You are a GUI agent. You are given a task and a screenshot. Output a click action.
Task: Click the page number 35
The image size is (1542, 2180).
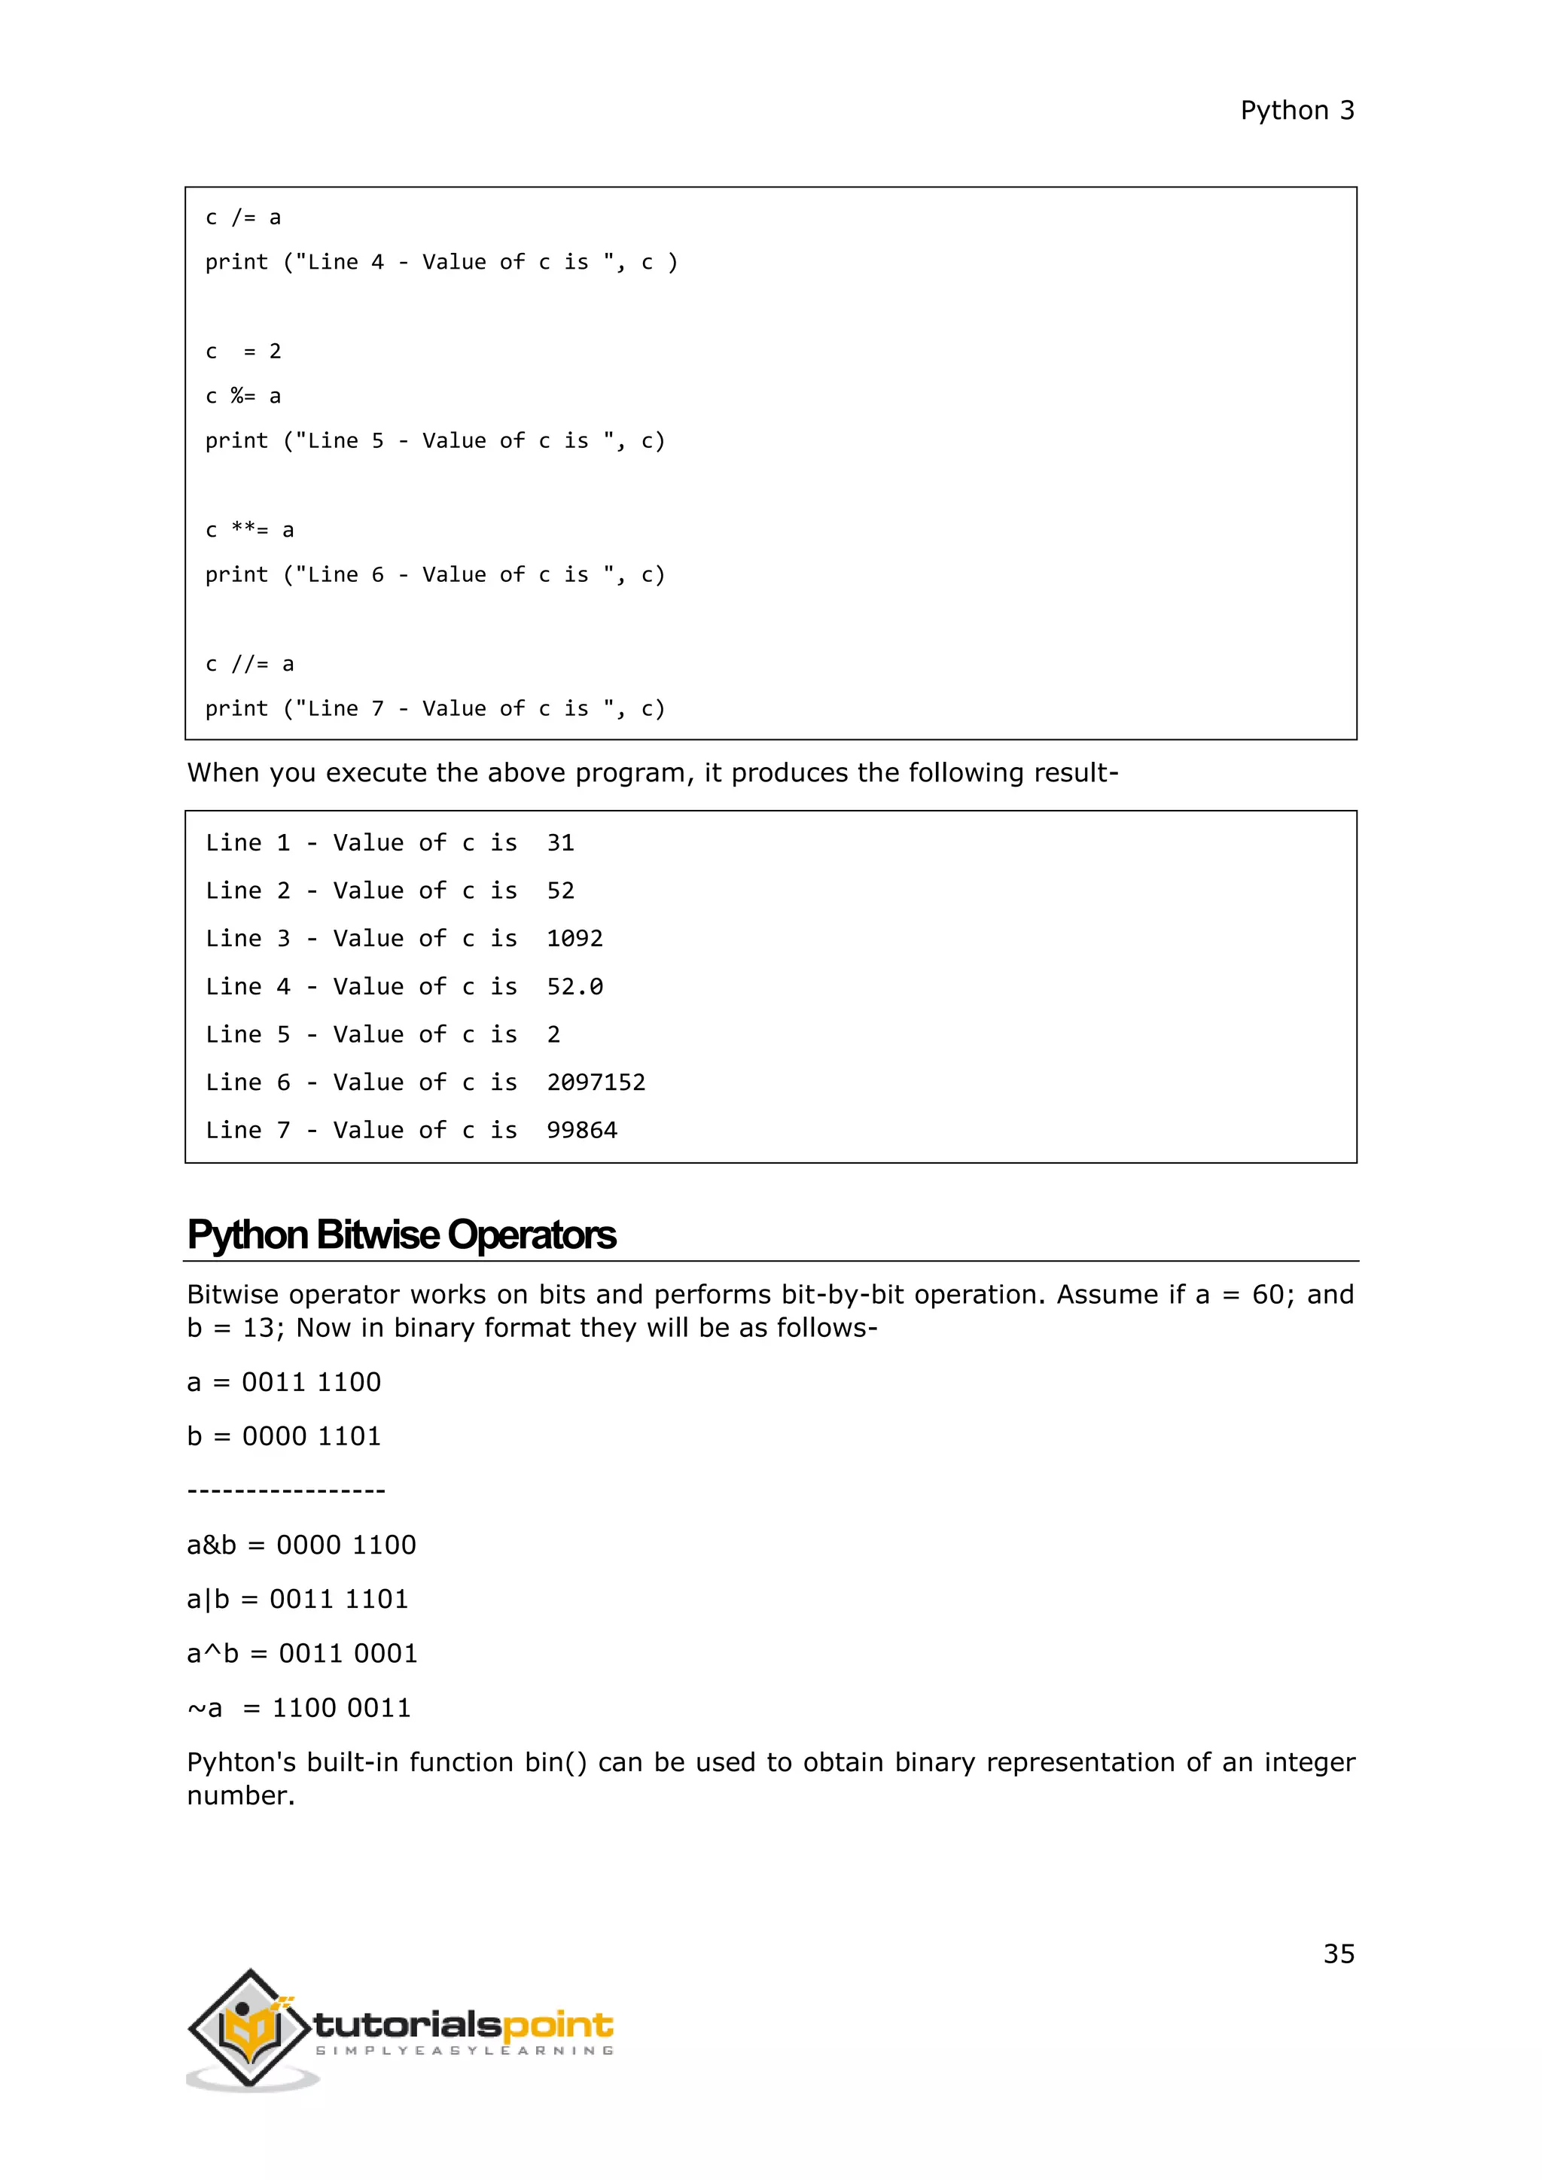pos(1339,1953)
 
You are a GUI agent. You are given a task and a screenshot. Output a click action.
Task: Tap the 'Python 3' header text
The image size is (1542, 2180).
pos(1297,111)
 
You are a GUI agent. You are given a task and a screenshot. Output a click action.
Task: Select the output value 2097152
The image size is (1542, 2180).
pos(596,1082)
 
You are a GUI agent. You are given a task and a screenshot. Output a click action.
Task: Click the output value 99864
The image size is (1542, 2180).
pos(581,1130)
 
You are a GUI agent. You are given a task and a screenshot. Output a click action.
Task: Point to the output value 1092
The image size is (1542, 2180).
pos(574,938)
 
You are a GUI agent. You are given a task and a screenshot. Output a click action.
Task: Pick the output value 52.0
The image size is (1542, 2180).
pos(574,987)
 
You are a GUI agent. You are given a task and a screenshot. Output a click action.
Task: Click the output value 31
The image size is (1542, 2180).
pos(560,843)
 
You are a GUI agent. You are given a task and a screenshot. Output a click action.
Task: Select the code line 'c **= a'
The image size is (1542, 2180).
pos(250,530)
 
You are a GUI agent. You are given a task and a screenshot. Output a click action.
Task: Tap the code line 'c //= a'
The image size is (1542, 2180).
pos(250,664)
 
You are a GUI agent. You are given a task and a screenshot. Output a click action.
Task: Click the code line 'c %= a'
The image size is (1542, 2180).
pos(243,396)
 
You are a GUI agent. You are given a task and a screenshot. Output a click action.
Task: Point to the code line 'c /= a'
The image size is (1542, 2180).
pos(243,218)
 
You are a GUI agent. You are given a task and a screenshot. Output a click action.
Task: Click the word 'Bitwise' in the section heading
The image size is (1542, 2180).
pos(378,1235)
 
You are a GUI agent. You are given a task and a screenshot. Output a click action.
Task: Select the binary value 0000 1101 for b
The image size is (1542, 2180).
pos(312,1436)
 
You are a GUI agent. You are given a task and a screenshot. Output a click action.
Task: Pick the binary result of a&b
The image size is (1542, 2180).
pos(346,1545)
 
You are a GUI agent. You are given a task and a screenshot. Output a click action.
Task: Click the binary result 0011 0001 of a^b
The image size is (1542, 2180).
pos(348,1653)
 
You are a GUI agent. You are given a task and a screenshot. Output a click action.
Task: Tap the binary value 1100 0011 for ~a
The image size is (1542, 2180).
pos(341,1707)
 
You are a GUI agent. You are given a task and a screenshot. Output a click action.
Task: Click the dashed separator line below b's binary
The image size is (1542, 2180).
pos(286,1490)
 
